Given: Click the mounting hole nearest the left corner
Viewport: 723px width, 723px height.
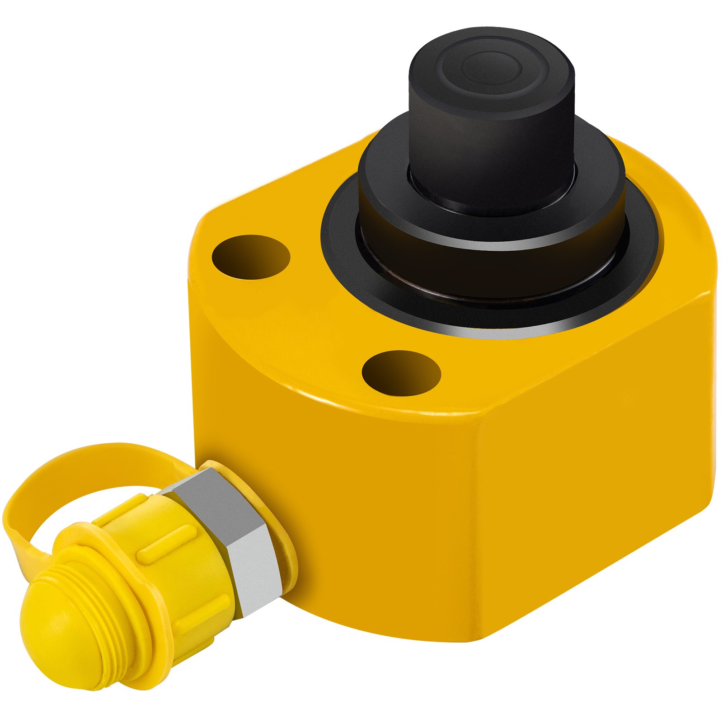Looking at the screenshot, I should click(x=251, y=257).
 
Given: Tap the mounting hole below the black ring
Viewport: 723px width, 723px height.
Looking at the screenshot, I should click(x=401, y=373).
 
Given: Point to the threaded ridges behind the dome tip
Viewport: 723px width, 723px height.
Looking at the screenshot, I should click(x=108, y=601).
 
